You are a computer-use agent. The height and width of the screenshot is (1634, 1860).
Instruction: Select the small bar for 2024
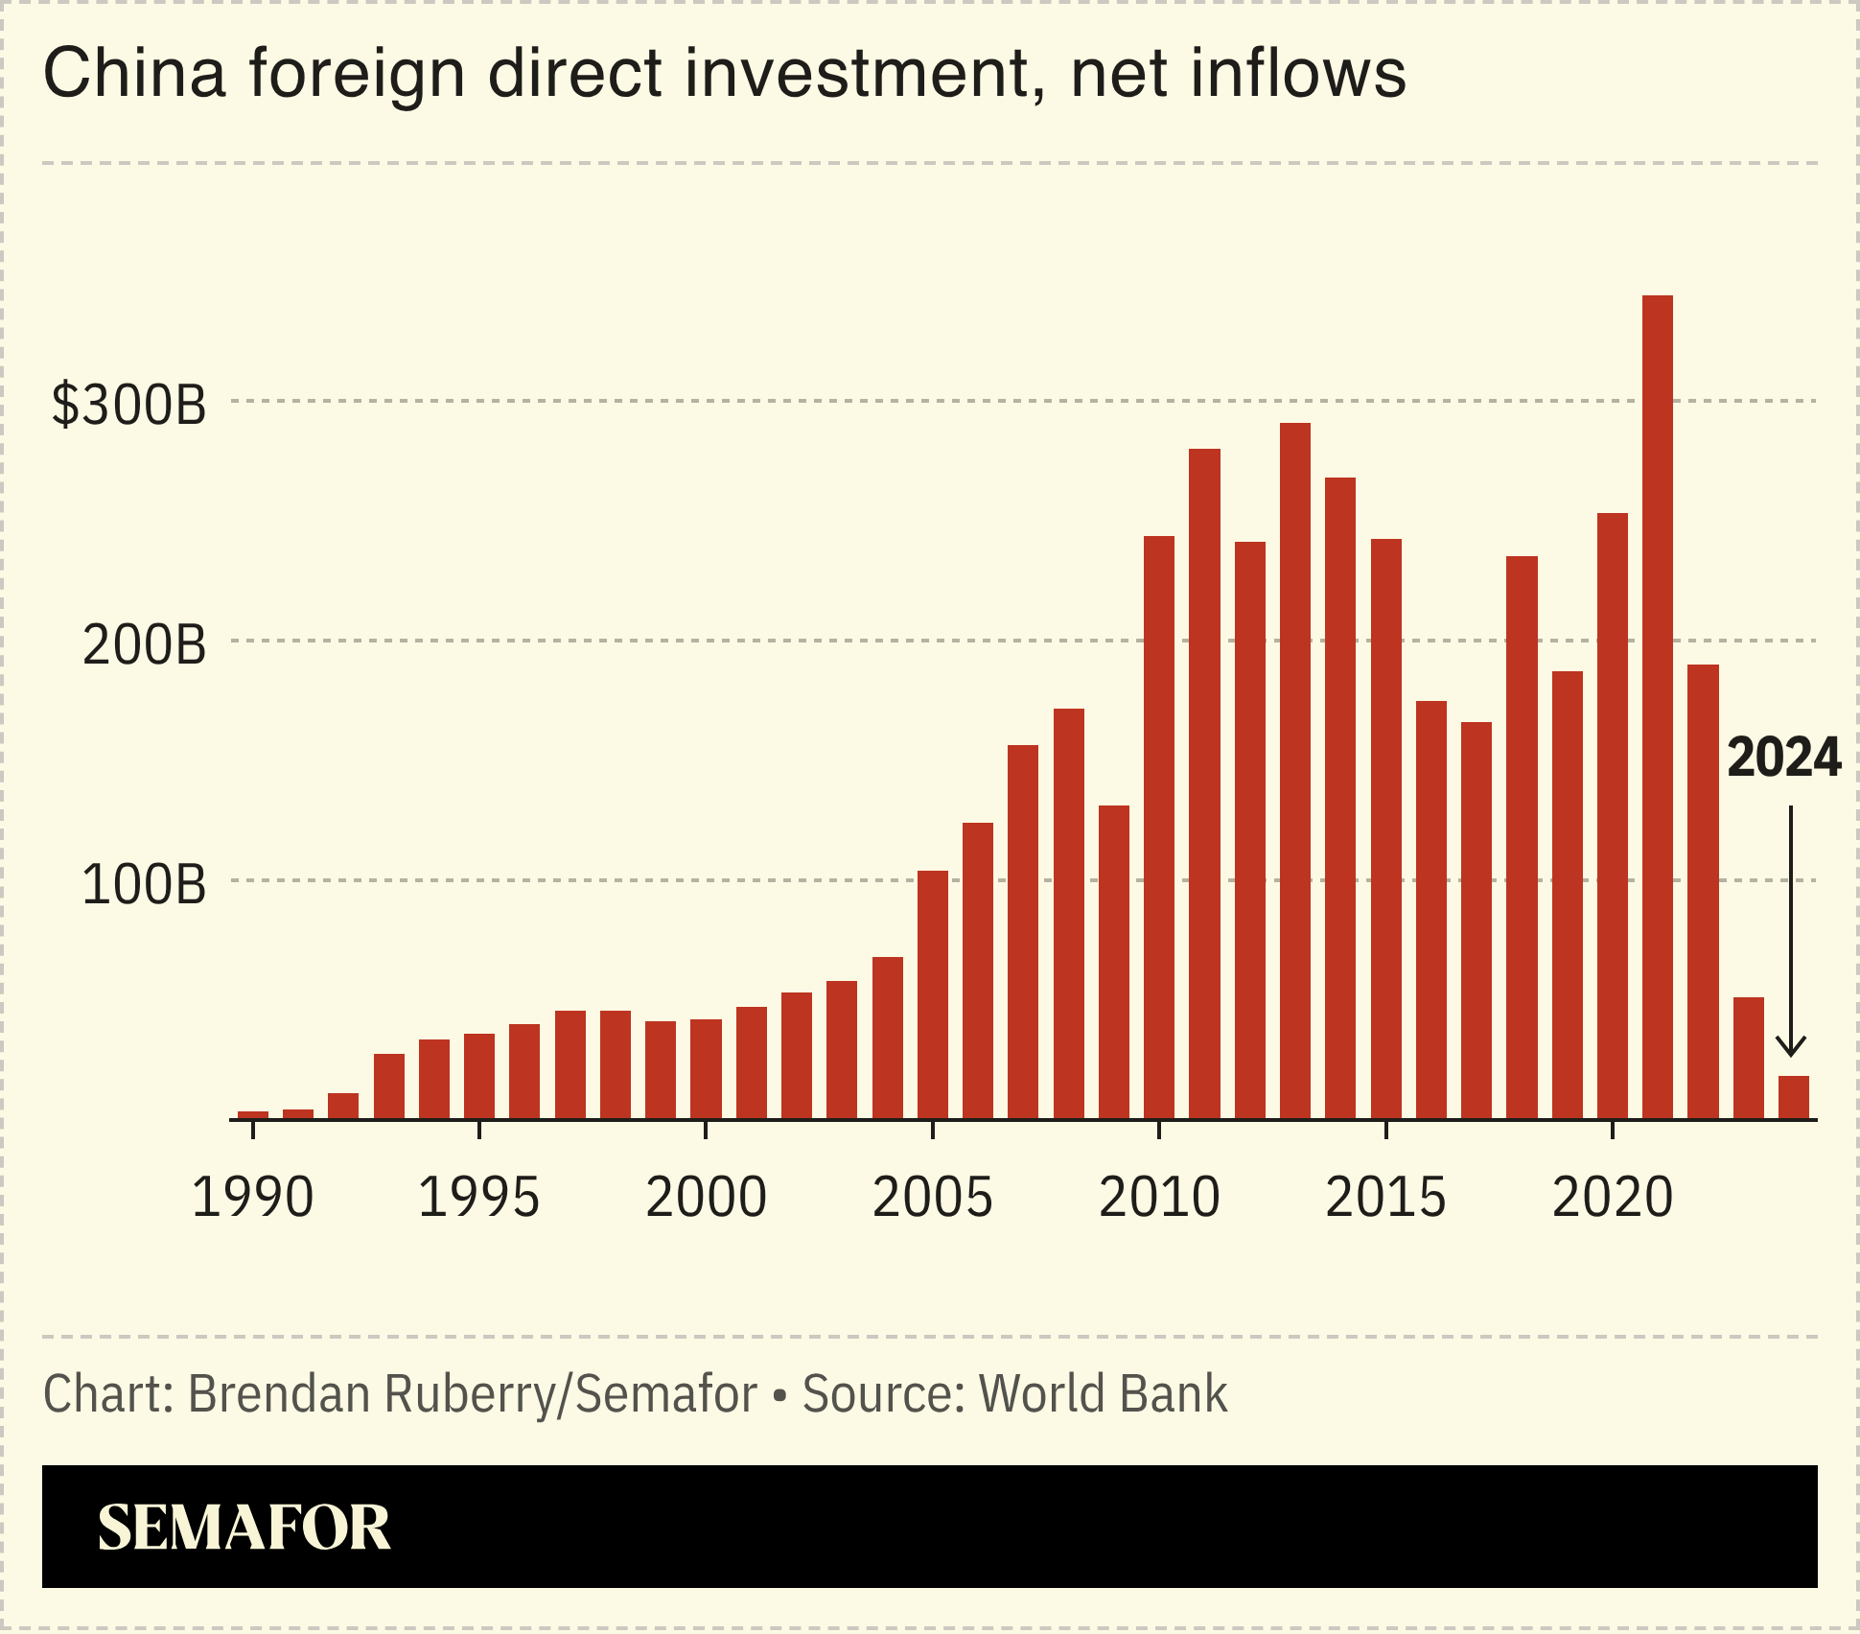(1794, 1098)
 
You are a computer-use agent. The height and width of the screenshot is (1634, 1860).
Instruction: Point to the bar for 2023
(1749, 1059)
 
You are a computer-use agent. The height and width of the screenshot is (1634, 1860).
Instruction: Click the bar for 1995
(479, 1076)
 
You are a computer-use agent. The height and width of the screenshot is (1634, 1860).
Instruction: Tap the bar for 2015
(1386, 829)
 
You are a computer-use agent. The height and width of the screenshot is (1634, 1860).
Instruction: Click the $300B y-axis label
(129, 404)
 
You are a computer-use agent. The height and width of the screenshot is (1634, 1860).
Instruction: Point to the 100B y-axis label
(144, 883)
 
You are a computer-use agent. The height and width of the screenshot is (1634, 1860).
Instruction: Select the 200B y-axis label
(144, 643)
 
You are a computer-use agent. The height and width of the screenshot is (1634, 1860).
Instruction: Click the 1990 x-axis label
(253, 1197)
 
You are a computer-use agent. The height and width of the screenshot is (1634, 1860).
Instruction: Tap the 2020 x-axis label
(1613, 1197)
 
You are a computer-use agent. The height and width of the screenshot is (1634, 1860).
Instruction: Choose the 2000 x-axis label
(707, 1197)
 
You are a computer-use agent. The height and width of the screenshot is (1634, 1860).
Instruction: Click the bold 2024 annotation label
(1783, 758)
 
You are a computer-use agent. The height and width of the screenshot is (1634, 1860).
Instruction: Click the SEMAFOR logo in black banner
(244, 1528)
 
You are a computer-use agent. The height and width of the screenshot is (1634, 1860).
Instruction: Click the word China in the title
(134, 73)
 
